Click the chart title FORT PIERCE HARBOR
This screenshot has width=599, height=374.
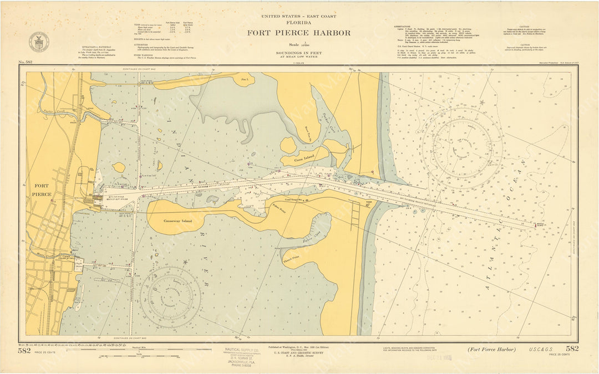click(x=298, y=33)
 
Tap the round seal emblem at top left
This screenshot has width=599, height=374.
click(x=39, y=42)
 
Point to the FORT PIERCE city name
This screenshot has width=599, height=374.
click(x=42, y=190)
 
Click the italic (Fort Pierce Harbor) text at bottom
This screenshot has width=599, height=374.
click(x=491, y=349)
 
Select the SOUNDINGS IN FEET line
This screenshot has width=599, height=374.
click(x=298, y=53)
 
